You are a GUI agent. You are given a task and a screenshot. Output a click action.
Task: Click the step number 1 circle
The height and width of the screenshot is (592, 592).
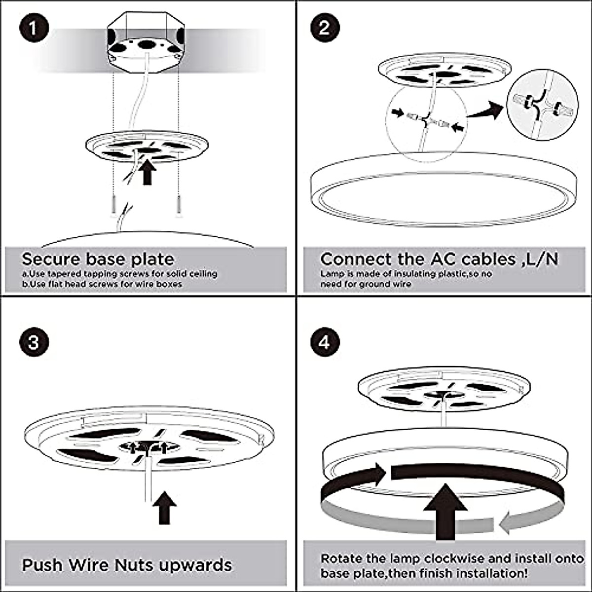click(x=34, y=28)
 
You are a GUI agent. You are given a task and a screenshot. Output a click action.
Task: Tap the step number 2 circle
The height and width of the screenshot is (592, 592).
click(x=324, y=28)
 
